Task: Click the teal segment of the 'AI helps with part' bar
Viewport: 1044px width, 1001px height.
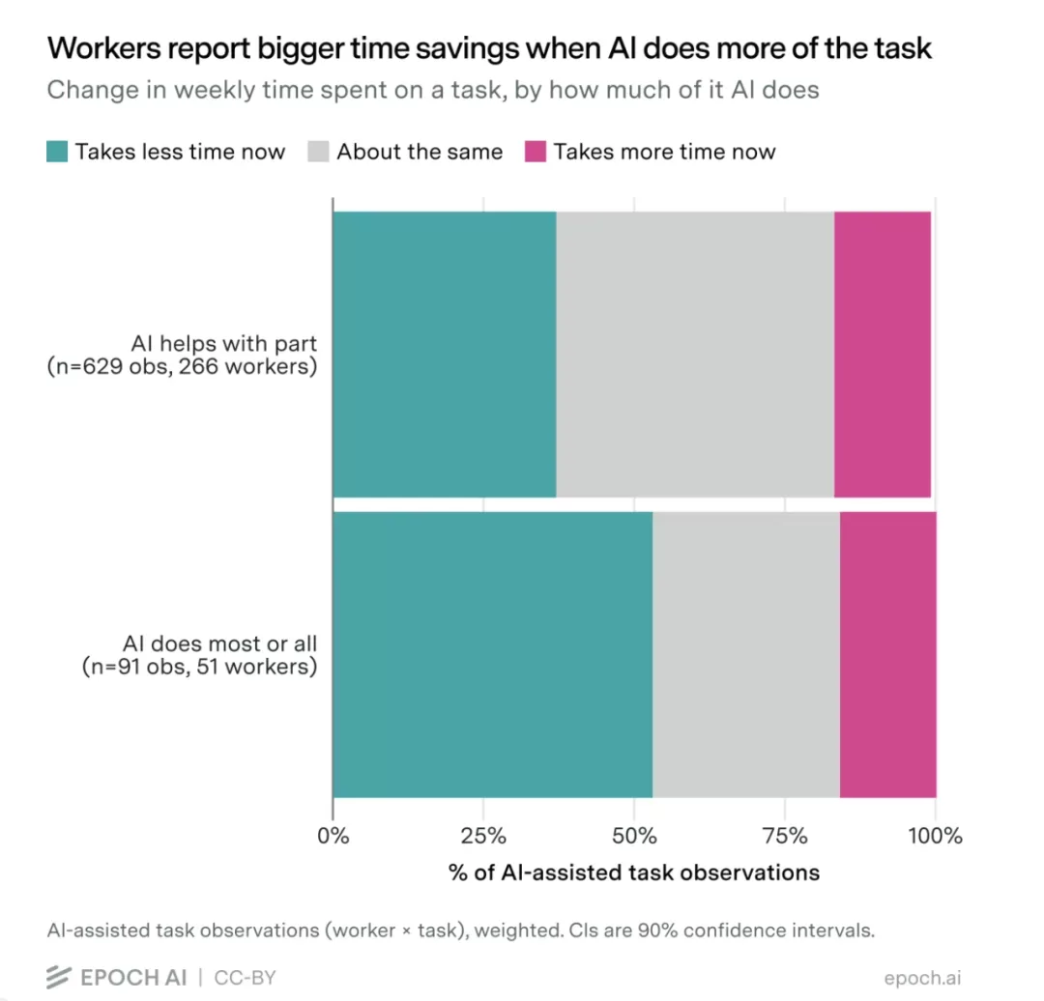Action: coord(445,354)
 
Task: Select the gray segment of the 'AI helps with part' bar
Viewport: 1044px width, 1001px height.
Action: coord(695,354)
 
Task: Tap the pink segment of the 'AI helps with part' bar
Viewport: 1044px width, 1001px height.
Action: coord(883,354)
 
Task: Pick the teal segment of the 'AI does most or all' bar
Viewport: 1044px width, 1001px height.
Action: coord(493,655)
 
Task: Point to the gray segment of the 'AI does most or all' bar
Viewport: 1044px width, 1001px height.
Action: coord(746,655)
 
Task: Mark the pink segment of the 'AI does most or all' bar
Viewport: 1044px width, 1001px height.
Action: coord(888,655)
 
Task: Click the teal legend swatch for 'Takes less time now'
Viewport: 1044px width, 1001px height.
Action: coord(57,151)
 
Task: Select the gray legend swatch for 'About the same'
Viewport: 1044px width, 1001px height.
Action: coord(318,151)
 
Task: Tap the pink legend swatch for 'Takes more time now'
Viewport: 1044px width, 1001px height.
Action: coord(536,151)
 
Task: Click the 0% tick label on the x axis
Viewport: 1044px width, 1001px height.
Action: coord(333,835)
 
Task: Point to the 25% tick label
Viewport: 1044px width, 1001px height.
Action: coord(483,835)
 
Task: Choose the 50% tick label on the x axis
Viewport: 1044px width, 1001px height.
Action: coord(634,835)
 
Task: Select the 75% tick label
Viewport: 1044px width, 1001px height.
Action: coord(785,835)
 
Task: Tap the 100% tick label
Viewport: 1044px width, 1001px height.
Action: coord(935,835)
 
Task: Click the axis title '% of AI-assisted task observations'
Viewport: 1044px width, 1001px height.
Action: coord(634,872)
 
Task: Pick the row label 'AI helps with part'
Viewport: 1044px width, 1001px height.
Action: coord(223,343)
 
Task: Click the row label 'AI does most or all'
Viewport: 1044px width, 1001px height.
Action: coord(219,643)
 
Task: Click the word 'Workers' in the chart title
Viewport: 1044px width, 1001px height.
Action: coord(103,48)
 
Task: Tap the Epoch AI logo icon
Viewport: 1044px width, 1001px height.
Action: coord(59,977)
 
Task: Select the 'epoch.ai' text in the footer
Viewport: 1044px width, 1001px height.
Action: coord(923,978)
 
